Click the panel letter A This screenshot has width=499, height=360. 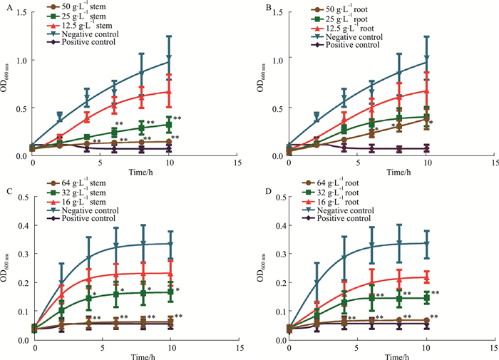coord(9,9)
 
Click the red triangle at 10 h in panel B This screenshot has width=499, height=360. coord(426,91)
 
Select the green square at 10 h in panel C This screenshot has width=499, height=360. coord(169,292)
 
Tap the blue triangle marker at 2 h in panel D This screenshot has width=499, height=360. coord(316,283)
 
